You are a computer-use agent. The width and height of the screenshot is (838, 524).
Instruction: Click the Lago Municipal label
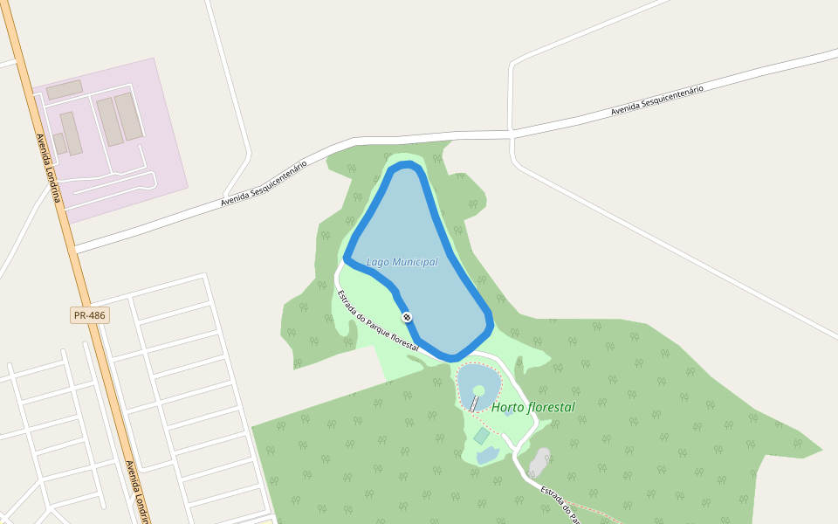402,262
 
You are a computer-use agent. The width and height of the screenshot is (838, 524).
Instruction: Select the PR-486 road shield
90,315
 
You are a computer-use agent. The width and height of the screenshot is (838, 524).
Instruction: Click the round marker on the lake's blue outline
407,317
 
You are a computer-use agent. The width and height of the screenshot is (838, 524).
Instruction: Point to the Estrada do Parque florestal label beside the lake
377,321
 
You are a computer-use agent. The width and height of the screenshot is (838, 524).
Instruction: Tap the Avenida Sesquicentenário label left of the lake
264,184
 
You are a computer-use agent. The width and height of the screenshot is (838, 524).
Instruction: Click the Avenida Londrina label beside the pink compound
48,167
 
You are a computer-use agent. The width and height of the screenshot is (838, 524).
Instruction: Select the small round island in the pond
478,390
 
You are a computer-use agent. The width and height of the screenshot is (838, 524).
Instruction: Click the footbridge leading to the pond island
474,403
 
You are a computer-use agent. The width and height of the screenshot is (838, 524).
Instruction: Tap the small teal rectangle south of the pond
482,435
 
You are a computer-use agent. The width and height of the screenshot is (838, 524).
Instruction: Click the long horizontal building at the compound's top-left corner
64,89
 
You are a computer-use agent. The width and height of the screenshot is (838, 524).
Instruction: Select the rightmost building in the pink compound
128,116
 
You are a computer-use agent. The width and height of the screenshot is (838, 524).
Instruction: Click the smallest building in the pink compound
59,142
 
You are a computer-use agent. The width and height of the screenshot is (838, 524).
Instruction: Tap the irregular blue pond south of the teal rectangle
487,455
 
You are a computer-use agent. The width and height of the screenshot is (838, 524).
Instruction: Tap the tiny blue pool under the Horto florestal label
507,410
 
